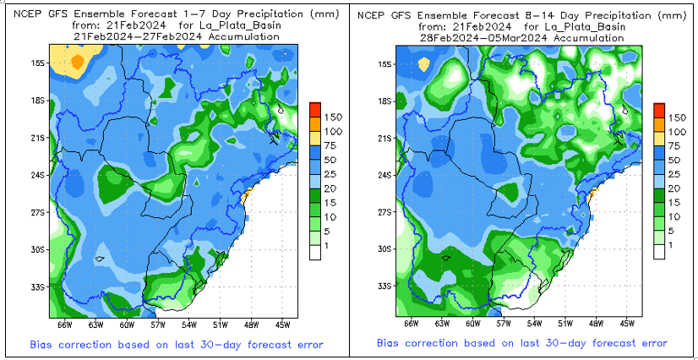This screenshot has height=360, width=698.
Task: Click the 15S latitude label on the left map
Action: click(x=38, y=63)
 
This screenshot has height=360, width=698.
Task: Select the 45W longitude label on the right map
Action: click(x=626, y=324)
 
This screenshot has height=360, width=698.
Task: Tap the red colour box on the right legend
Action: click(x=658, y=110)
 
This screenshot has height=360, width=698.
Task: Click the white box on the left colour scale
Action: click(x=314, y=251)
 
